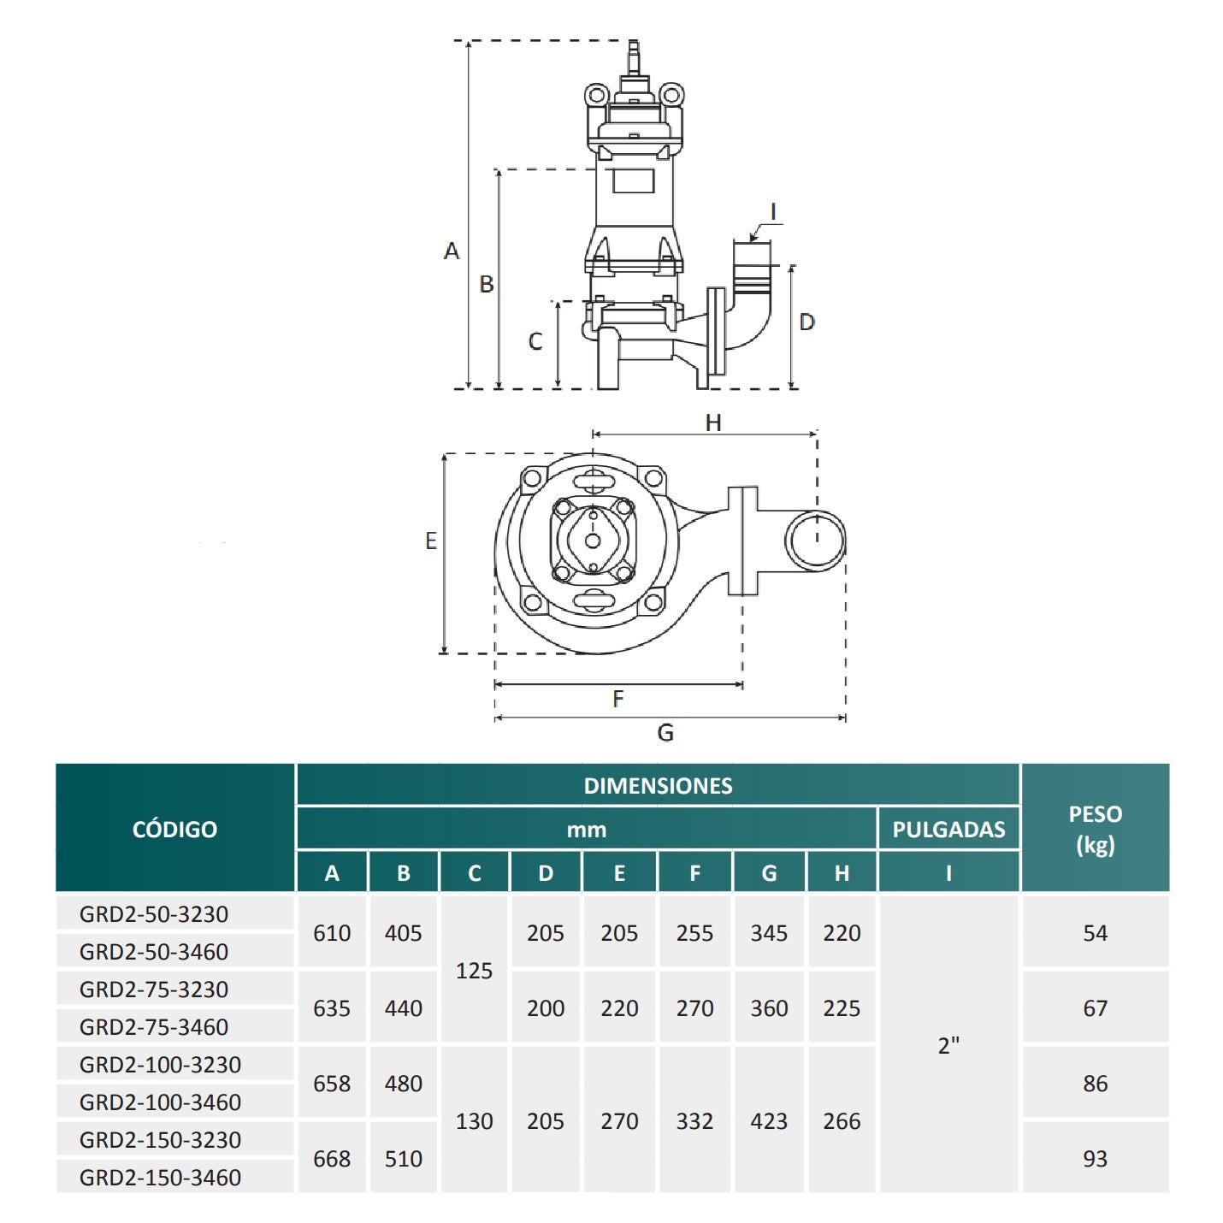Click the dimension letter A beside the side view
(x=452, y=251)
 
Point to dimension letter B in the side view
(x=487, y=284)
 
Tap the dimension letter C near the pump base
(x=535, y=342)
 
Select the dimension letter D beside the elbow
(x=806, y=322)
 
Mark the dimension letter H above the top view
(x=713, y=422)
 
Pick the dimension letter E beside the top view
(x=431, y=541)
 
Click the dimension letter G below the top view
(x=665, y=733)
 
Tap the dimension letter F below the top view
(x=618, y=700)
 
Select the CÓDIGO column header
(x=174, y=829)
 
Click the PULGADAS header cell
(x=948, y=830)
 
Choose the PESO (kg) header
(x=1095, y=829)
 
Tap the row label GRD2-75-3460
(x=154, y=1027)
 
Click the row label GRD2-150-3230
(x=160, y=1140)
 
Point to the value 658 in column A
(x=332, y=1084)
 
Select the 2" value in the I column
(x=948, y=1045)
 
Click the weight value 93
(x=1095, y=1159)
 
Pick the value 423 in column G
(x=769, y=1121)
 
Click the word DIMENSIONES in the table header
(x=658, y=786)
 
